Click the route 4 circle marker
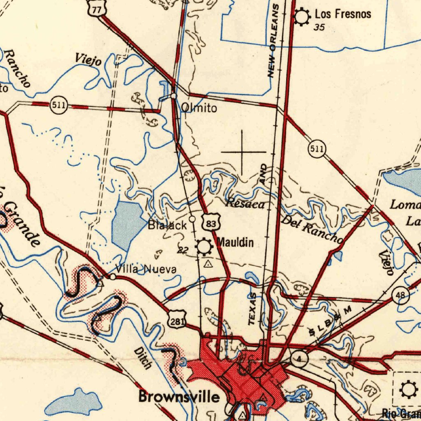[x=299, y=359]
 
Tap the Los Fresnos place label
[x=343, y=14]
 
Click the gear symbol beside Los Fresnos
[x=301, y=17]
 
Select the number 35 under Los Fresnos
[x=319, y=28]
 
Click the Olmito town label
[x=199, y=108]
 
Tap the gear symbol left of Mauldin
[x=204, y=247]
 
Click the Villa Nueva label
[x=146, y=269]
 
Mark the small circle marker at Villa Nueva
[x=112, y=277]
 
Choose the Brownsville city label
[x=179, y=397]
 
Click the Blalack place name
[x=167, y=225]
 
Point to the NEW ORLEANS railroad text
[x=273, y=41]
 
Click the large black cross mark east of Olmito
[x=243, y=152]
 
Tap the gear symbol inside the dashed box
[x=408, y=389]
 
